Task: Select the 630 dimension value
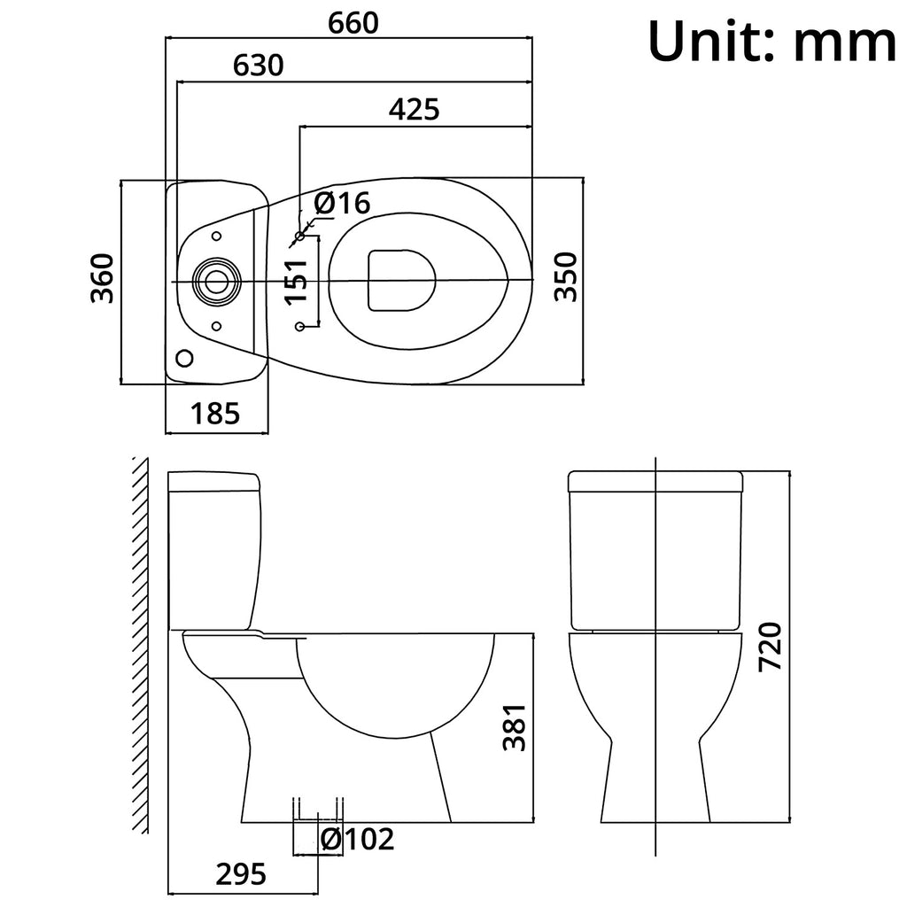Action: coord(258,66)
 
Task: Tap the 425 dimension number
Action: coord(414,110)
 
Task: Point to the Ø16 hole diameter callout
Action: coord(341,204)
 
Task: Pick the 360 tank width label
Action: coord(103,278)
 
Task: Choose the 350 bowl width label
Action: coord(566,277)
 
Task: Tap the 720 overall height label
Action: coord(771,646)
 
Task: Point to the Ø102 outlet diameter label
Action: coord(358,839)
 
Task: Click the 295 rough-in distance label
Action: coord(240,875)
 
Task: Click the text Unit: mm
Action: coord(771,43)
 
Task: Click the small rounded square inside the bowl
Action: coord(402,280)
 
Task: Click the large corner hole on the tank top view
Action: coord(184,358)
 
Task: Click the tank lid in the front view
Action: coord(655,481)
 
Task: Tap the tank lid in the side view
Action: coord(214,482)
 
